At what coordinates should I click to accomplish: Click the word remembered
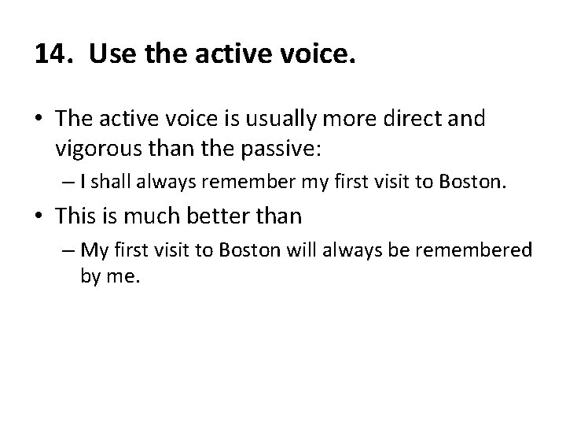[487, 252]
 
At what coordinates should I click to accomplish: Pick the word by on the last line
[90, 277]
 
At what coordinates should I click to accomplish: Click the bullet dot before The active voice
[40, 120]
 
